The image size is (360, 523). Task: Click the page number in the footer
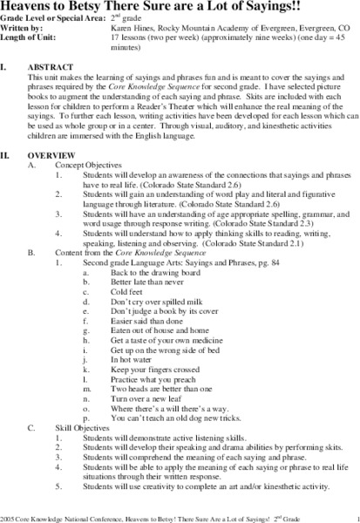point(347,515)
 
